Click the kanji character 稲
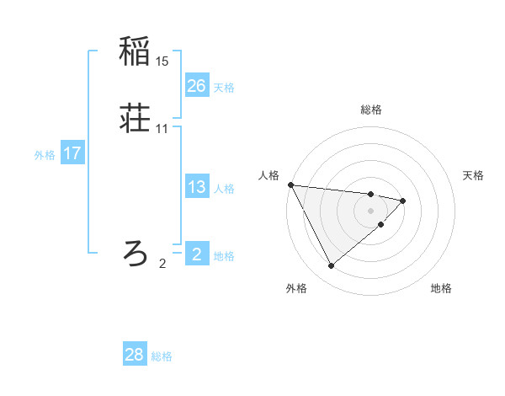135,51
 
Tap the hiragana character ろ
135,252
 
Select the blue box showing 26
196,86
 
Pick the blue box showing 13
196,187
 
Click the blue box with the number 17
72,153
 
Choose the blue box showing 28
135,355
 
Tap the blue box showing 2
196,254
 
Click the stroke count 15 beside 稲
162,61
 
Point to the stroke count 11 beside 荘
162,128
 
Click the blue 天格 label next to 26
224,88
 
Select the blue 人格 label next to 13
224,189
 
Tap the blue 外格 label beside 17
45,155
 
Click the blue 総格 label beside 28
162,356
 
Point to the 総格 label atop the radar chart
370,110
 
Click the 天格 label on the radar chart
474,175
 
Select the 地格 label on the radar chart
441,288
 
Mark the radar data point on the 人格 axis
290,184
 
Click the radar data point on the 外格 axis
331,266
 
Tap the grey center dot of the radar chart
370,210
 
